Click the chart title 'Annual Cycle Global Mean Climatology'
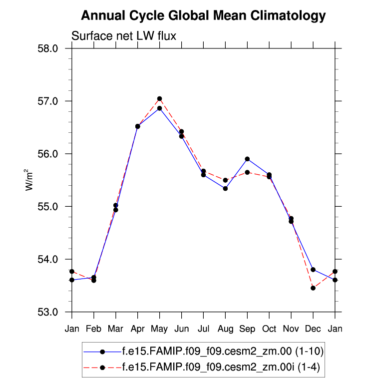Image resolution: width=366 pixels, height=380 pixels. [x=203, y=16]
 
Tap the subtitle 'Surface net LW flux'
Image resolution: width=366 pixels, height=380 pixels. [x=124, y=36]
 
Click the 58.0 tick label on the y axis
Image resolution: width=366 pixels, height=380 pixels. [x=49, y=48]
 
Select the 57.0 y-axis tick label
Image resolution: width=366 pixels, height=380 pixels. [x=49, y=101]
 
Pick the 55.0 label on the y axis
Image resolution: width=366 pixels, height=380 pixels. [x=49, y=207]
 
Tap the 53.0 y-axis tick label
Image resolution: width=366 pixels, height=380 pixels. [x=49, y=312]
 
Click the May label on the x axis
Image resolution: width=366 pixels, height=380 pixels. [x=159, y=328]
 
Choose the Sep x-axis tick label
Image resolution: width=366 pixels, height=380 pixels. [x=247, y=328]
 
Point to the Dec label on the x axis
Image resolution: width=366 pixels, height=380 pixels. [x=313, y=328]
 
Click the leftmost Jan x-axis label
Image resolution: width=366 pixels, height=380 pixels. [x=72, y=328]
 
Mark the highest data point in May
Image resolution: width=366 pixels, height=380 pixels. [x=159, y=99]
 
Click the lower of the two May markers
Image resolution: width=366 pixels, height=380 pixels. [x=159, y=108]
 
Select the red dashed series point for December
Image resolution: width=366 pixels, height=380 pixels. [x=313, y=288]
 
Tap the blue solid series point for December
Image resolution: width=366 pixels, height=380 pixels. [x=313, y=270]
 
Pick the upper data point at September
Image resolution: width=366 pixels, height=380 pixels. [x=247, y=159]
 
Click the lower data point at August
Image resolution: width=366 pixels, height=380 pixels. [x=225, y=188]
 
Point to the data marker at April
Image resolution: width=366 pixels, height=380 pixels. [x=138, y=126]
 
